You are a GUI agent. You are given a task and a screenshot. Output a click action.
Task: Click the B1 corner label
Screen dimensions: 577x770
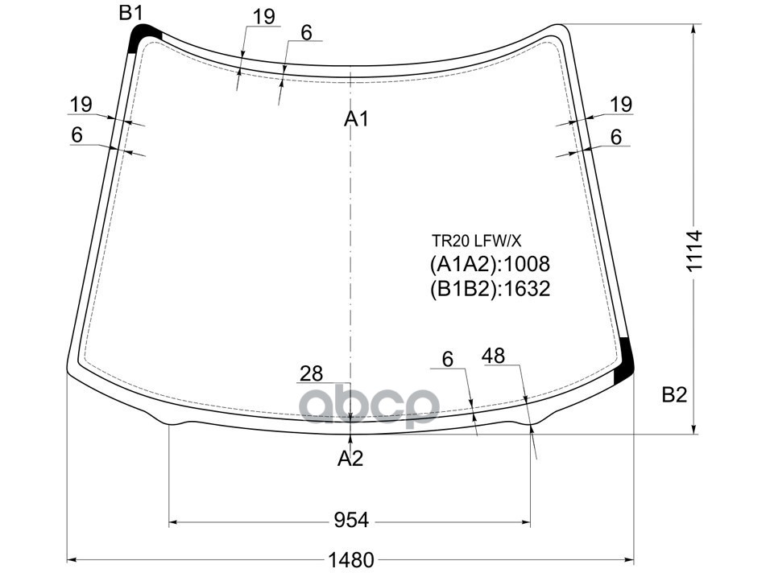pos(130,12)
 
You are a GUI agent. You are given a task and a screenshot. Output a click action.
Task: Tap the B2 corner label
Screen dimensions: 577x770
pos(674,394)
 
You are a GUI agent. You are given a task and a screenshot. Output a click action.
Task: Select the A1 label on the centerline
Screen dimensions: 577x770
pos(356,119)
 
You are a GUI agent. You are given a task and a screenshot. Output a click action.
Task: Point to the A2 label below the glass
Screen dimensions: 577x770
pos(350,459)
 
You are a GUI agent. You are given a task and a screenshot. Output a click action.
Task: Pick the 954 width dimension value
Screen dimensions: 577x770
pos(351,521)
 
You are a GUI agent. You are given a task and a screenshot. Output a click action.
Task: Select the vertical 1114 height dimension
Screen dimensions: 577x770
pos(695,252)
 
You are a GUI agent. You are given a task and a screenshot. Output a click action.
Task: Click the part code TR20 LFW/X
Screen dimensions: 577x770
pos(476,240)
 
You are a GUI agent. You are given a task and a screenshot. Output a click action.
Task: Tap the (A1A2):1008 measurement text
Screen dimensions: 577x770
pos(489,264)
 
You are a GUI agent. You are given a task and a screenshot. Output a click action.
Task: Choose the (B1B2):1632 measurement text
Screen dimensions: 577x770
pos(489,288)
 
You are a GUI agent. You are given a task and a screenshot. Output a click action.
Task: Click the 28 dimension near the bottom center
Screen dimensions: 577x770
pos(311,373)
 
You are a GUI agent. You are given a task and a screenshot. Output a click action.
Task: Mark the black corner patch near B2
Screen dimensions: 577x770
pos(623,362)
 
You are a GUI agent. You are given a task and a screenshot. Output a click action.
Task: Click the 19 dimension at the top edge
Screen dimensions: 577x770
pos(263,16)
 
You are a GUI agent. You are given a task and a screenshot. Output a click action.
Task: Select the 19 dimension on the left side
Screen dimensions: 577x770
pos(81,104)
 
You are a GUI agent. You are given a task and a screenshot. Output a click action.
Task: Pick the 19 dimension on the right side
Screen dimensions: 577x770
pos(620,104)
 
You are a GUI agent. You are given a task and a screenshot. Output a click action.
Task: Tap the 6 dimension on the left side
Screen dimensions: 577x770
pos(77,135)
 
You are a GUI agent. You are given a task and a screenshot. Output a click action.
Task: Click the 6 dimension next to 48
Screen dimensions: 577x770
pos(448,360)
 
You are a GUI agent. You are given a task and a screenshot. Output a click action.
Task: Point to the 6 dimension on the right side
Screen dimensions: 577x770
pos(616,137)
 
